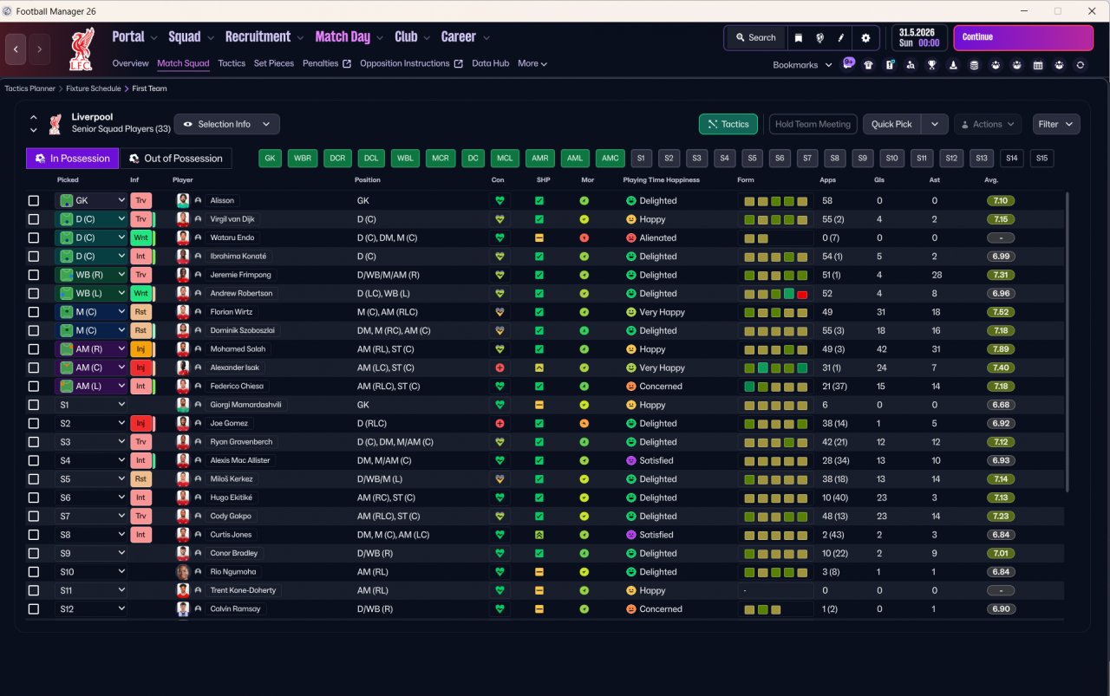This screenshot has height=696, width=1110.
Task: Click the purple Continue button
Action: pyautogui.click(x=1022, y=37)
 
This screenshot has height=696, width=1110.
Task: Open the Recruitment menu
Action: pyautogui.click(x=258, y=36)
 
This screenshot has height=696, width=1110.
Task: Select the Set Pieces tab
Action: pyautogui.click(x=273, y=63)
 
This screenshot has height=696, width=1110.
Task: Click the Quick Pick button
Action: pyautogui.click(x=891, y=124)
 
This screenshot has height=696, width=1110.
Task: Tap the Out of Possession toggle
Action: pyautogui.click(x=176, y=159)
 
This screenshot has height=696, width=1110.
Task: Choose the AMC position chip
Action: pyautogui.click(x=610, y=159)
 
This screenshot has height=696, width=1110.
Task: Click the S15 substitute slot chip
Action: pyautogui.click(x=1041, y=159)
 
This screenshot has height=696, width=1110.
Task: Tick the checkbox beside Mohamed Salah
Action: pyautogui.click(x=34, y=349)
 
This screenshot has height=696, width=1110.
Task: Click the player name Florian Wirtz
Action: pyautogui.click(x=231, y=312)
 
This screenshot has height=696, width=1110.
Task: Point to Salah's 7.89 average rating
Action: pyautogui.click(x=1001, y=349)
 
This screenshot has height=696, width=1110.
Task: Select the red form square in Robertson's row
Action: pyautogui.click(x=802, y=294)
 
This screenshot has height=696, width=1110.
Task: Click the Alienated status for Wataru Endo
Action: pyautogui.click(x=657, y=237)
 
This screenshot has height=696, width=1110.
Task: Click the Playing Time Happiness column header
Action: pyautogui.click(x=661, y=179)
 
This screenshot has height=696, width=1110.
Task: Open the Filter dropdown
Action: pyautogui.click(x=1055, y=124)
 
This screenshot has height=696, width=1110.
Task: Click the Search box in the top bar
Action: pyautogui.click(x=755, y=37)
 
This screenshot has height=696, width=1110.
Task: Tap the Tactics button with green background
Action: pyautogui.click(x=728, y=124)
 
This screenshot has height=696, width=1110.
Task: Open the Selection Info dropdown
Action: pyautogui.click(x=226, y=124)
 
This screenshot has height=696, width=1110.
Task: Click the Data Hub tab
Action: pyautogui.click(x=490, y=63)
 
